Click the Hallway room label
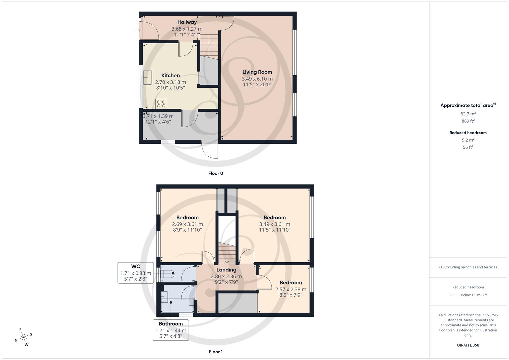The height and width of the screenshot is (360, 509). (187, 22)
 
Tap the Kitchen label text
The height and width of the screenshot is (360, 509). (170, 75)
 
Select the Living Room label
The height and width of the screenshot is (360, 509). (257, 72)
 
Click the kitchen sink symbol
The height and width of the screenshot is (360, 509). (147, 77)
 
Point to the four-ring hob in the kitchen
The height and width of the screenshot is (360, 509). (161, 104)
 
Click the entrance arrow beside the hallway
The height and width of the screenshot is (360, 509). (138, 31)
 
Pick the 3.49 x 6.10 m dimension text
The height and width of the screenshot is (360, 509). (257, 79)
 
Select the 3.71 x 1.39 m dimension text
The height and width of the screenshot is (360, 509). (158, 116)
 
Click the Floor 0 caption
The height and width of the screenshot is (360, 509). (216, 173)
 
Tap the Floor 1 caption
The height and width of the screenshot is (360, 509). (216, 352)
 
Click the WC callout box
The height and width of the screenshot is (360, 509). (136, 273)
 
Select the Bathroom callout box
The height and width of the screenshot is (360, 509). (171, 330)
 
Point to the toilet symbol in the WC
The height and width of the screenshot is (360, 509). (168, 274)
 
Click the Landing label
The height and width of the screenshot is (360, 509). (226, 270)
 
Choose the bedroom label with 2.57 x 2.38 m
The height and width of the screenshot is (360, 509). (291, 282)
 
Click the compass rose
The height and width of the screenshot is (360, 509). (23, 337)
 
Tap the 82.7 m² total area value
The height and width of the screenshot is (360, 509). (468, 114)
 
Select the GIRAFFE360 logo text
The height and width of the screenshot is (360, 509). (468, 345)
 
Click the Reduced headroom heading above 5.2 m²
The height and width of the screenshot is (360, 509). (468, 133)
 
